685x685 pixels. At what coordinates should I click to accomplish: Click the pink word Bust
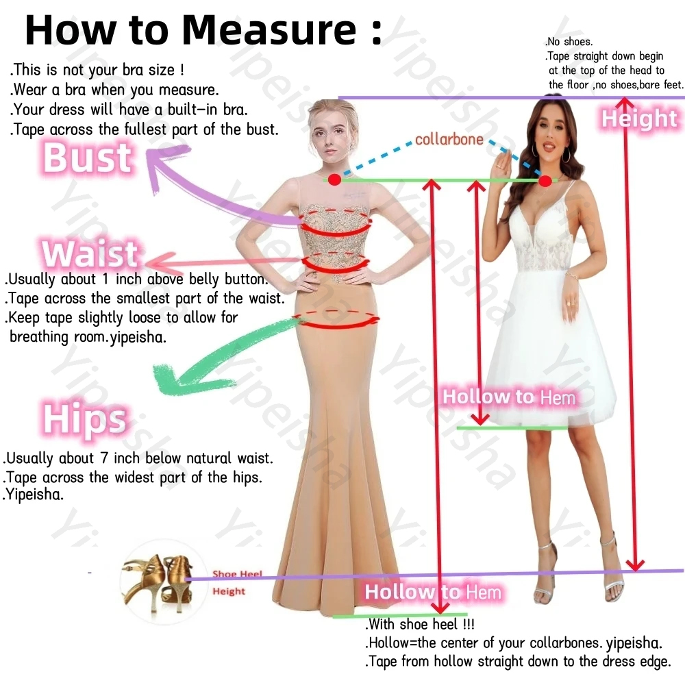[88, 158]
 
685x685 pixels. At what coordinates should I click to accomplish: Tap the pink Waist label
[90, 253]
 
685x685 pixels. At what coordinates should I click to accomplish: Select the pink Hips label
[85, 419]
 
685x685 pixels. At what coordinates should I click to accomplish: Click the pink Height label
[639, 119]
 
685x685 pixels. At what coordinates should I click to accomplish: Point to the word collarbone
[449, 139]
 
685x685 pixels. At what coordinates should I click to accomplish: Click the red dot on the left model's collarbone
[335, 179]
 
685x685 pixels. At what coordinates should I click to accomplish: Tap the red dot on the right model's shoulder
[545, 180]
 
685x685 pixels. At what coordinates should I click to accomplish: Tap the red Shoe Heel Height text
[236, 583]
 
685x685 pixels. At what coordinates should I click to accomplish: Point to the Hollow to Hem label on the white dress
[509, 397]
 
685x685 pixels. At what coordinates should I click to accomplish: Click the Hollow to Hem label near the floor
[433, 592]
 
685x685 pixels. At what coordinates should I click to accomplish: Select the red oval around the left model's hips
[336, 319]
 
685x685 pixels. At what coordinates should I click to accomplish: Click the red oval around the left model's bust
[336, 222]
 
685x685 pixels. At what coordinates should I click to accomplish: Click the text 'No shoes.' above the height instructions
[569, 42]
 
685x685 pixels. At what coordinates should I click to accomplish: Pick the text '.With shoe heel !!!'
[419, 624]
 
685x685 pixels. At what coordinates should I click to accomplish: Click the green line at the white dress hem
[512, 427]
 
